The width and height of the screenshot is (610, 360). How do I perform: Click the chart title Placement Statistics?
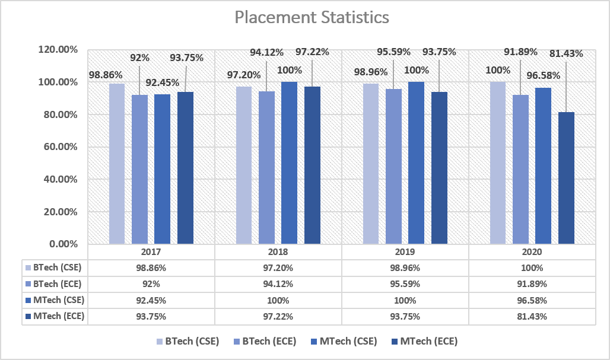(312, 17)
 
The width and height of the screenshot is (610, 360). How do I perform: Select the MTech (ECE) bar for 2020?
(567, 178)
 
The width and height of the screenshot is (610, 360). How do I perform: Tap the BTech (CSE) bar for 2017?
(117, 164)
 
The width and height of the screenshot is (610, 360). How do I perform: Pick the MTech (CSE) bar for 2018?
(289, 163)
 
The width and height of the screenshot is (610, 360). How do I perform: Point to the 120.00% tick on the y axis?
(58, 50)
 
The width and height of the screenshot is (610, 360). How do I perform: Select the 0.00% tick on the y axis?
(63, 244)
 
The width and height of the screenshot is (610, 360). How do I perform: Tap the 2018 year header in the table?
(278, 252)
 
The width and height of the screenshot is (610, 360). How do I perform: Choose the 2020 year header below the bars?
(532, 252)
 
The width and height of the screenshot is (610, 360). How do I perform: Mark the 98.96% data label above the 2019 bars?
(371, 72)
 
